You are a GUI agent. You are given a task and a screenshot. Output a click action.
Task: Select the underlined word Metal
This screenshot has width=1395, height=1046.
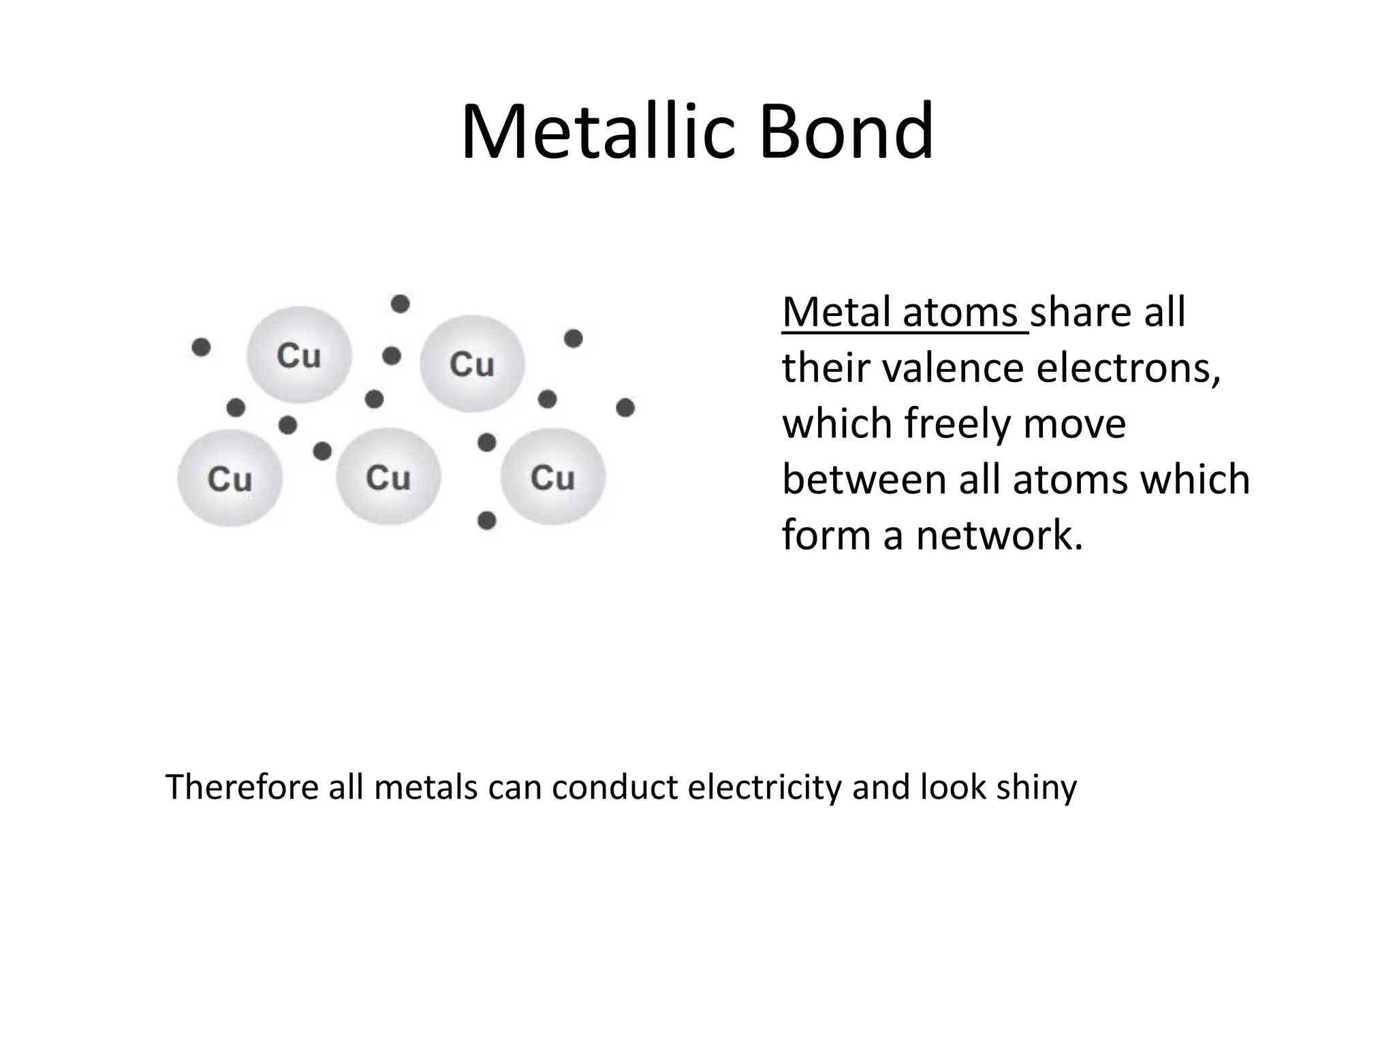838,313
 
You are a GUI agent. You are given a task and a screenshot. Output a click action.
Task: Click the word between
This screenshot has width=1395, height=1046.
864,479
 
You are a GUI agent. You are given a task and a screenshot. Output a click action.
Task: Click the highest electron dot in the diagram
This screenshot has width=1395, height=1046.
400,304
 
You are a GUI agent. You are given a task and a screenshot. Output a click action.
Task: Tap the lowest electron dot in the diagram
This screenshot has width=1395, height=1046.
486,521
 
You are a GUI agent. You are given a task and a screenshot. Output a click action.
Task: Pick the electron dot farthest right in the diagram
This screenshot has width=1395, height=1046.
625,408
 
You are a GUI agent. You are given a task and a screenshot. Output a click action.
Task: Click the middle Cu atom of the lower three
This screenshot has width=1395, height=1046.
388,477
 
